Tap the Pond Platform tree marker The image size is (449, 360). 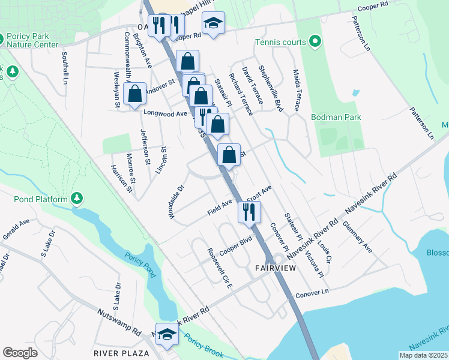click(x=77, y=197)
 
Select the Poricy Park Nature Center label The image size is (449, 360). click(x=31, y=40)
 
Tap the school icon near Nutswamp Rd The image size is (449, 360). click(x=167, y=336)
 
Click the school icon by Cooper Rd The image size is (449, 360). click(x=213, y=24)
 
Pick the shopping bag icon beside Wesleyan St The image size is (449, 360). click(x=135, y=94)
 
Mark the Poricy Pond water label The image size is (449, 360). click(x=140, y=264)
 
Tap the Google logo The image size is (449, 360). click(x=20, y=353)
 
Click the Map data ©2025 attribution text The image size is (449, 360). click(x=423, y=355)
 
